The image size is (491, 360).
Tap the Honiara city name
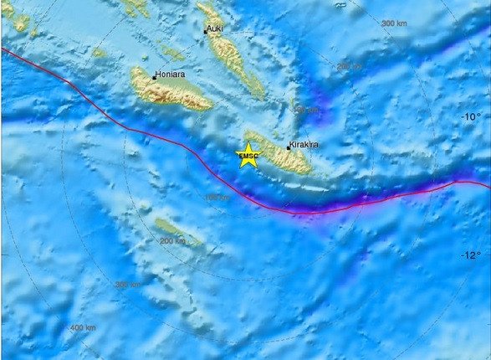(171, 74)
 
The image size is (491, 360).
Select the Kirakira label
(304, 144)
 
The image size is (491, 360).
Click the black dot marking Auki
(206, 32)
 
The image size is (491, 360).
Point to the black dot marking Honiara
(153, 77)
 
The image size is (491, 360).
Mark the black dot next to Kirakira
(289, 147)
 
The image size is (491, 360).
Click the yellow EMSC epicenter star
(248, 156)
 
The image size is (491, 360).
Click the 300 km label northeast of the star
(393, 23)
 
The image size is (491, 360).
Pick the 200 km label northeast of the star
(349, 66)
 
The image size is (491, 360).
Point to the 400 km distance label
(84, 327)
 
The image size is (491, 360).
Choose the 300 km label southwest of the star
(127, 285)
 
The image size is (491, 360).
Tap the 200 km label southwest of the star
(171, 241)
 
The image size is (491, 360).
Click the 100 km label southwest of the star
(216, 197)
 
